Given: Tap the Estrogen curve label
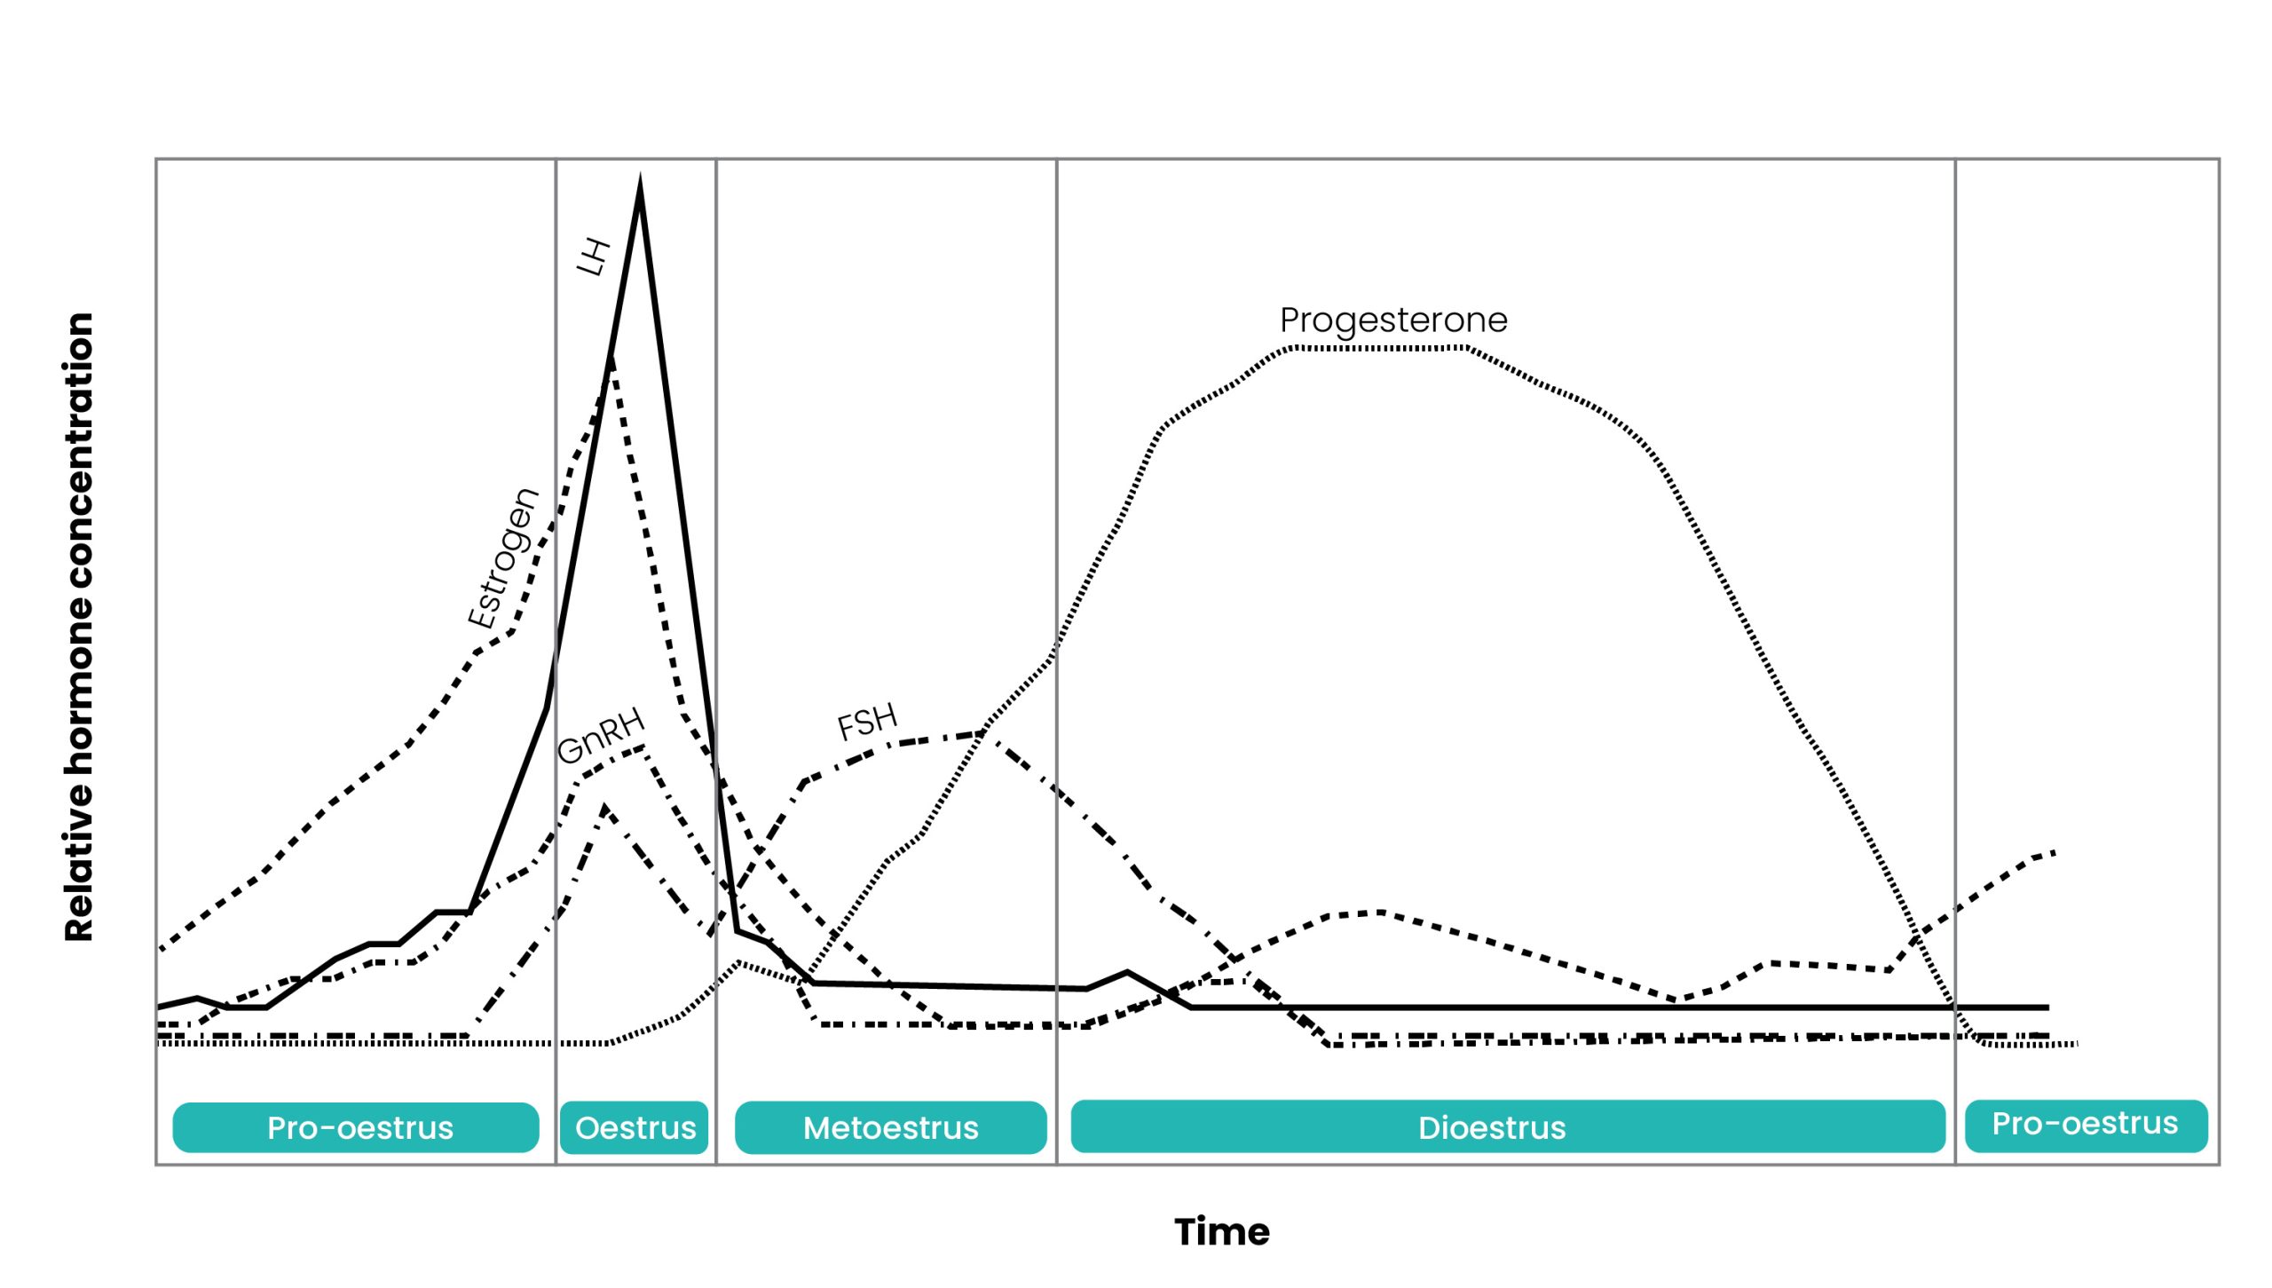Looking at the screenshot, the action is (x=503, y=558).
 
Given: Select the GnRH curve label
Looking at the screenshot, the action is (x=601, y=736).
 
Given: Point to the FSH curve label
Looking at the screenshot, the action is (x=867, y=722).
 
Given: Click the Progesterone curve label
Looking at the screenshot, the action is (x=1393, y=320).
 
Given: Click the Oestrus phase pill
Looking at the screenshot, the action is (x=635, y=1127).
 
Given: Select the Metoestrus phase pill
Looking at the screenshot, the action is (x=890, y=1127).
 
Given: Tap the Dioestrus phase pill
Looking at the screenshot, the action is (x=1508, y=1126).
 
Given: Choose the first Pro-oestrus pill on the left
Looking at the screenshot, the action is (x=356, y=1127).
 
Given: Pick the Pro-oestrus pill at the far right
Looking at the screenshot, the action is (x=2086, y=1126).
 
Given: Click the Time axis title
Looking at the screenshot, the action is (x=1222, y=1232).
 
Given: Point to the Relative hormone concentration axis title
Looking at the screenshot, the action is (x=79, y=627).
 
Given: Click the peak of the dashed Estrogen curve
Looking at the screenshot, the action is (x=611, y=359).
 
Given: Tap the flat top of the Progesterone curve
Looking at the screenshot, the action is (x=1380, y=348).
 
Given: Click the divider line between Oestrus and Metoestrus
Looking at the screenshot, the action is (x=716, y=661).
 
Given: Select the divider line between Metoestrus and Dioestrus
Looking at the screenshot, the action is (x=1056, y=661).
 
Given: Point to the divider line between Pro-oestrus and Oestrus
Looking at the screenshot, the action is (x=556, y=661).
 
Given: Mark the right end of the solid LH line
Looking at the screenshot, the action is (x=2047, y=1007).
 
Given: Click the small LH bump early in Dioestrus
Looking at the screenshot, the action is (x=1127, y=973).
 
